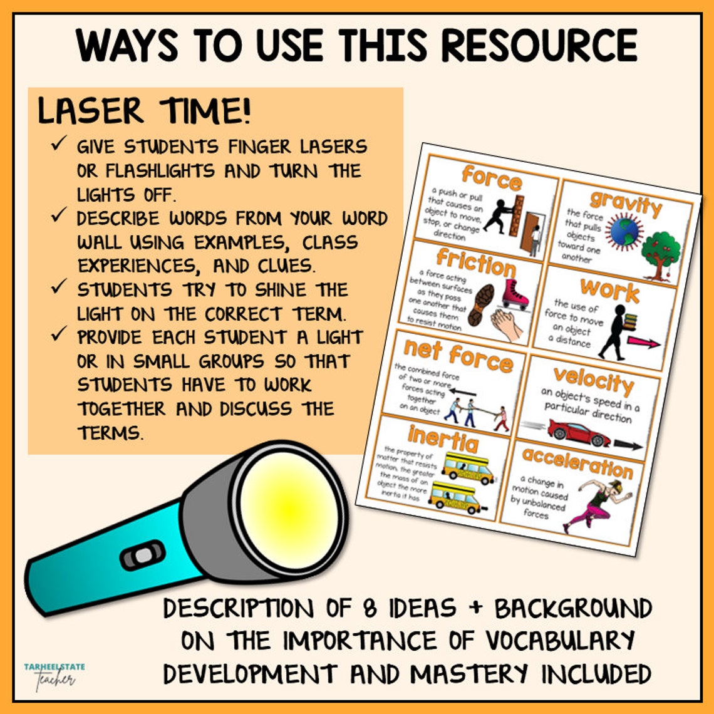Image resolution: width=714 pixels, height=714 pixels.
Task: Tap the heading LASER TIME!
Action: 144,111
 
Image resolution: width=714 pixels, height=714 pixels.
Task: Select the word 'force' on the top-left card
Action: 491,177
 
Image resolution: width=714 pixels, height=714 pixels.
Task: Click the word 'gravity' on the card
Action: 625,205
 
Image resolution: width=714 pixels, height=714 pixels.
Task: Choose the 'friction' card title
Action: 476,262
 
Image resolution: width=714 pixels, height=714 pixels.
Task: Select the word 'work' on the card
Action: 609,290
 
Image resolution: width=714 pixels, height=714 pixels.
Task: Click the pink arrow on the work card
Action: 643,343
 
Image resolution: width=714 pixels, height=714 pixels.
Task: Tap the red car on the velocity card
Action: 578,431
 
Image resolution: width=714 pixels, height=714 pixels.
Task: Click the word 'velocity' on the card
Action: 592,380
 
